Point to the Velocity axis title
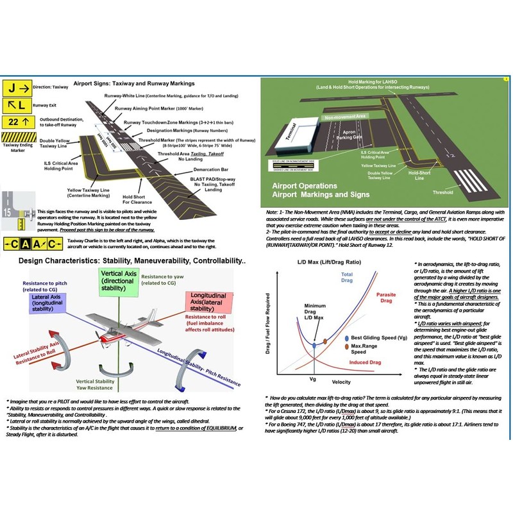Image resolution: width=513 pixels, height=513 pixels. (x=342, y=383)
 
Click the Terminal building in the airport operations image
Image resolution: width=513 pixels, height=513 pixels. (x=291, y=131)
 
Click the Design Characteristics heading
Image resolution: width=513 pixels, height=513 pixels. (x=131, y=262)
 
